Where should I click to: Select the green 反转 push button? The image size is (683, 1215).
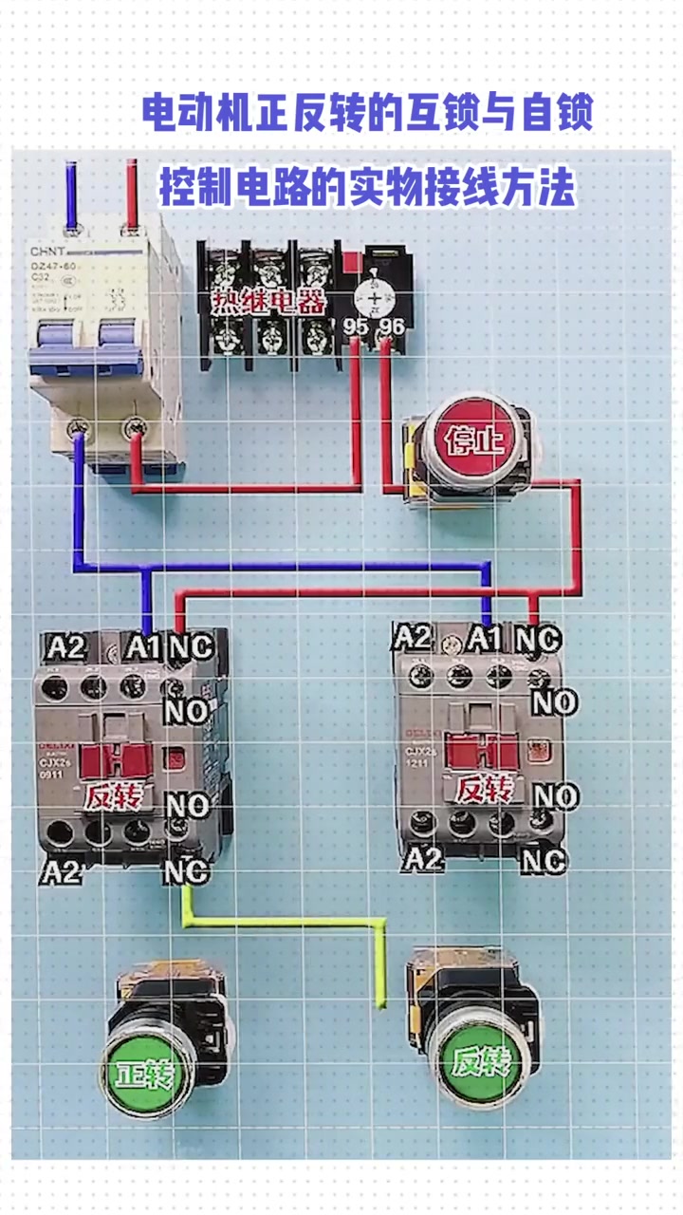point(477,1060)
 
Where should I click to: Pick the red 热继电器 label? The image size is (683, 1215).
point(269,303)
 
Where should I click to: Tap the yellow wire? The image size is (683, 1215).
point(285,920)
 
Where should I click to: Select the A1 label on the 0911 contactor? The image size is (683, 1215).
point(143,648)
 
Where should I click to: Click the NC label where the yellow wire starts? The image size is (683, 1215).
point(186,870)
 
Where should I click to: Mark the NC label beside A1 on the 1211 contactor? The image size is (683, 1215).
point(537,639)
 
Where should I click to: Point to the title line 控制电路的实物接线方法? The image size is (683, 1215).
point(367,187)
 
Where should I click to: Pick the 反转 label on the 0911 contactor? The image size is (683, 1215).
point(113,795)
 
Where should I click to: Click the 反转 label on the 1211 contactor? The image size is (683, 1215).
point(483,789)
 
